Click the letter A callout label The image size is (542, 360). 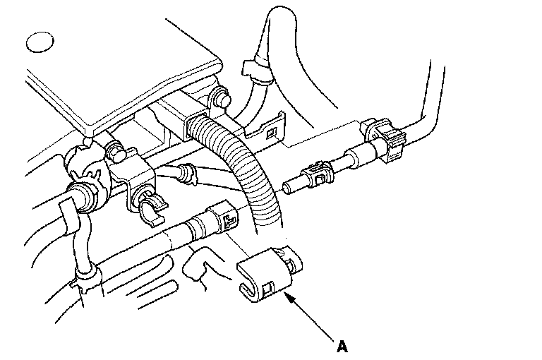[342, 347]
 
